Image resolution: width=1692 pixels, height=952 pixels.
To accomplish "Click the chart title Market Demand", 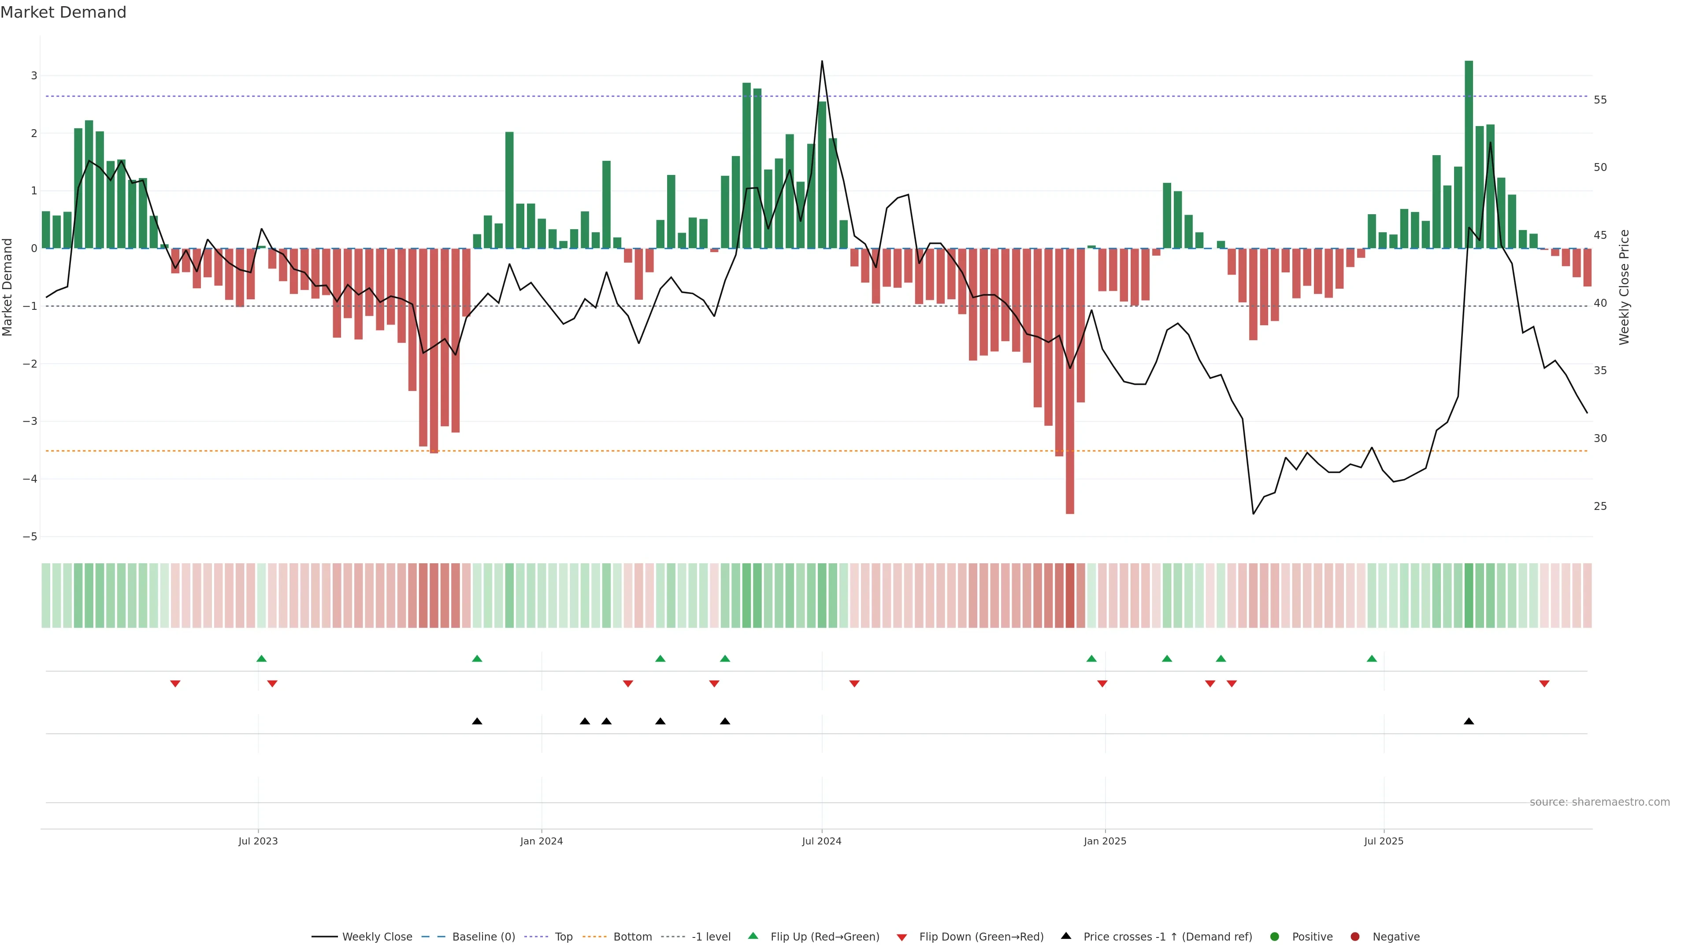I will (63, 12).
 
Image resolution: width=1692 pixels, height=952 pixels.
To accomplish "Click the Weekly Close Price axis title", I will (1624, 287).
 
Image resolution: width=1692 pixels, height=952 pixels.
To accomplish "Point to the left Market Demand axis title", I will (7, 287).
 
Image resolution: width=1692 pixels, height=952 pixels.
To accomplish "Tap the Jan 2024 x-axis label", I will (541, 841).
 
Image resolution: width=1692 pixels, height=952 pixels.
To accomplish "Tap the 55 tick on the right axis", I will (1600, 100).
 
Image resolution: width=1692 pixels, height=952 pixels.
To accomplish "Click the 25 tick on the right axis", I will (1600, 506).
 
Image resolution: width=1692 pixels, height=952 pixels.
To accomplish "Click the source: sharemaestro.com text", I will (1599, 802).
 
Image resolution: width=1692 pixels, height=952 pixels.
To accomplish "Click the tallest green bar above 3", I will (1469, 154).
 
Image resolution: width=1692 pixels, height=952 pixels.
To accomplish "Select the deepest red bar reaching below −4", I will (1070, 381).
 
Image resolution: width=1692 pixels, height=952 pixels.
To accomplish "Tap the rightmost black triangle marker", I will (1469, 721).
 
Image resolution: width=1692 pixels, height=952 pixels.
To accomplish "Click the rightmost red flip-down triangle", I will (1544, 684).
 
